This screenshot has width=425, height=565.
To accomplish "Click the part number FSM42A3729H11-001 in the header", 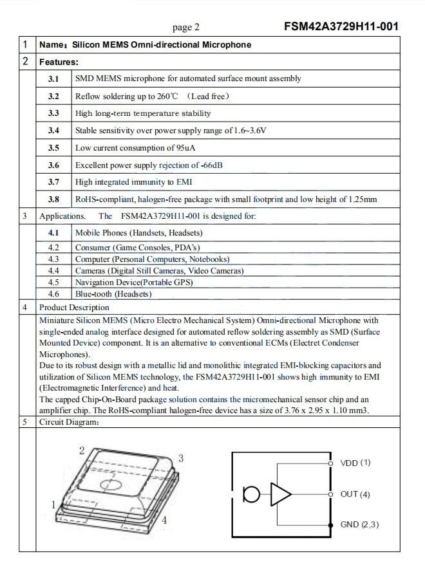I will pos(341,26).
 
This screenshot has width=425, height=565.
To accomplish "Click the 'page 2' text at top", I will pos(186,27).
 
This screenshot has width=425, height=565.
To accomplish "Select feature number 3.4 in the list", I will pos(53,131).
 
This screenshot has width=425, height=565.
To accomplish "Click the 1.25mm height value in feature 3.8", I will pos(362,199).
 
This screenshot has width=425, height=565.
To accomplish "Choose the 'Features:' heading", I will pos(59,62).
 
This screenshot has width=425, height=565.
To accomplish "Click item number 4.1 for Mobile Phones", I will pos(53,233).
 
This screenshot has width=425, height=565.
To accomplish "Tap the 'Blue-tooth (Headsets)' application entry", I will pos(113,294).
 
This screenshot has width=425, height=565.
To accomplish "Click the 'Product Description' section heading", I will pos(74,308).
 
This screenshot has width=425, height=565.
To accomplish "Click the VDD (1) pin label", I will pos(355,463).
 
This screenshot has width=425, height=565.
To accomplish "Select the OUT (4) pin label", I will pos(355,494).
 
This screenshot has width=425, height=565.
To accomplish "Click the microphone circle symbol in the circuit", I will pos(251,495).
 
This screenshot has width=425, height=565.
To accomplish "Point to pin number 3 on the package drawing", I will pos(181,458).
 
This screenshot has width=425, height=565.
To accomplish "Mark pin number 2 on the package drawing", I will pos(82,450).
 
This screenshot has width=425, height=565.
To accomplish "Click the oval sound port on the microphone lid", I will pos(111,482).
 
